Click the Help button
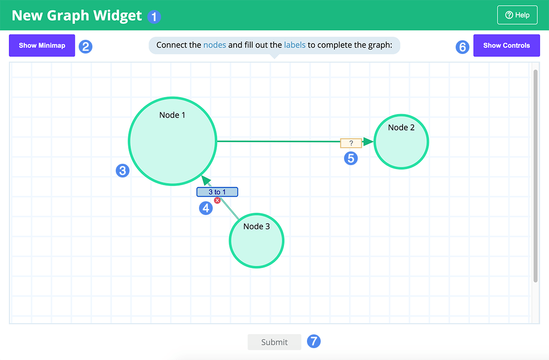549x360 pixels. click(517, 15)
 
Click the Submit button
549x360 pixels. click(274, 342)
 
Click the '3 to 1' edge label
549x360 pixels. click(217, 192)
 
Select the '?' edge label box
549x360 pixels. click(351, 143)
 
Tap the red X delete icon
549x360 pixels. click(217, 200)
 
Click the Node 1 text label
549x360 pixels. click(172, 115)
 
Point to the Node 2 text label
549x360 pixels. click(401, 128)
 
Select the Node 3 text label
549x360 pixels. click(256, 226)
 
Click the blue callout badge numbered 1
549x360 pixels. click(154, 17)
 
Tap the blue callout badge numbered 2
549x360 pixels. click(86, 47)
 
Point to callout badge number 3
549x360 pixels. click(123, 171)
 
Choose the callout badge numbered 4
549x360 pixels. click(206, 208)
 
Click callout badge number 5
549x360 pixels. click(351, 158)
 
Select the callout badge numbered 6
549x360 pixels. click(463, 47)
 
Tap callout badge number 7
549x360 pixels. click(314, 341)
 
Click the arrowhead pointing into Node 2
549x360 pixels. click(368, 141)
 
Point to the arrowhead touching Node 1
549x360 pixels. click(206, 180)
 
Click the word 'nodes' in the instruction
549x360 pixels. click(215, 45)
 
